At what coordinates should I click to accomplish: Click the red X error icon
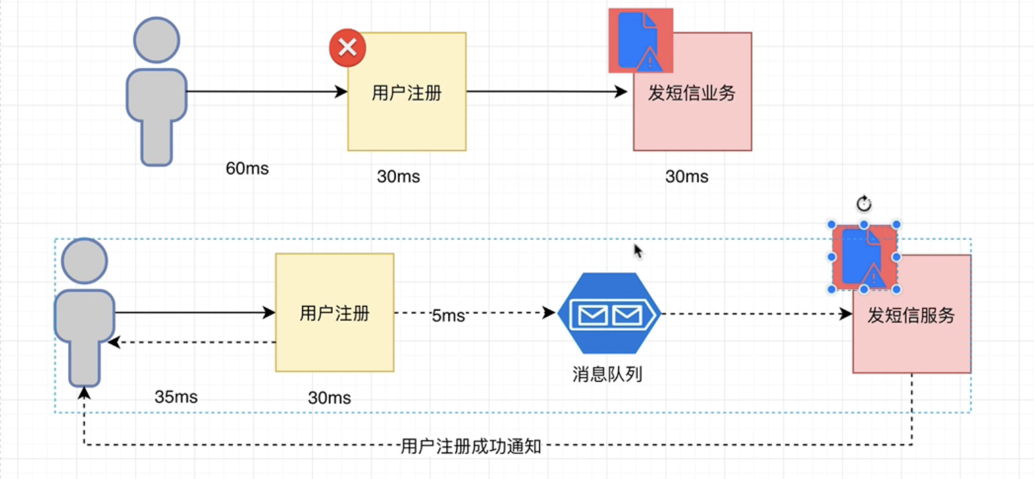click(347, 48)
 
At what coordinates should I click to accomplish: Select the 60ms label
click(247, 168)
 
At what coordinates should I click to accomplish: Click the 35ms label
click(176, 397)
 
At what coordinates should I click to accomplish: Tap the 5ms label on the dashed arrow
click(448, 316)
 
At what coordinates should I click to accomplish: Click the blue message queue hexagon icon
click(608, 313)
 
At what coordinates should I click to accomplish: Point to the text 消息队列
click(607, 374)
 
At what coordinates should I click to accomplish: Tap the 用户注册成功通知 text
click(471, 446)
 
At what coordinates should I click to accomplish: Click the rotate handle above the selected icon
click(864, 204)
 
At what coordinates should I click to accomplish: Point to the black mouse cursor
click(638, 251)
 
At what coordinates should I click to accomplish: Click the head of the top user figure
click(157, 40)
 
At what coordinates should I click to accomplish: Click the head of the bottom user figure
click(84, 260)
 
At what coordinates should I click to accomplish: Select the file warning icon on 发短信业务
click(640, 40)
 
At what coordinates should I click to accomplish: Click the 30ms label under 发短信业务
click(687, 176)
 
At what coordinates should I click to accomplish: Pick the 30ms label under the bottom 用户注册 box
click(329, 397)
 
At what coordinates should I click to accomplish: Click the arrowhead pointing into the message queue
click(549, 313)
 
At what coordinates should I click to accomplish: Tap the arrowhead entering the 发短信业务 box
click(621, 91)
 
